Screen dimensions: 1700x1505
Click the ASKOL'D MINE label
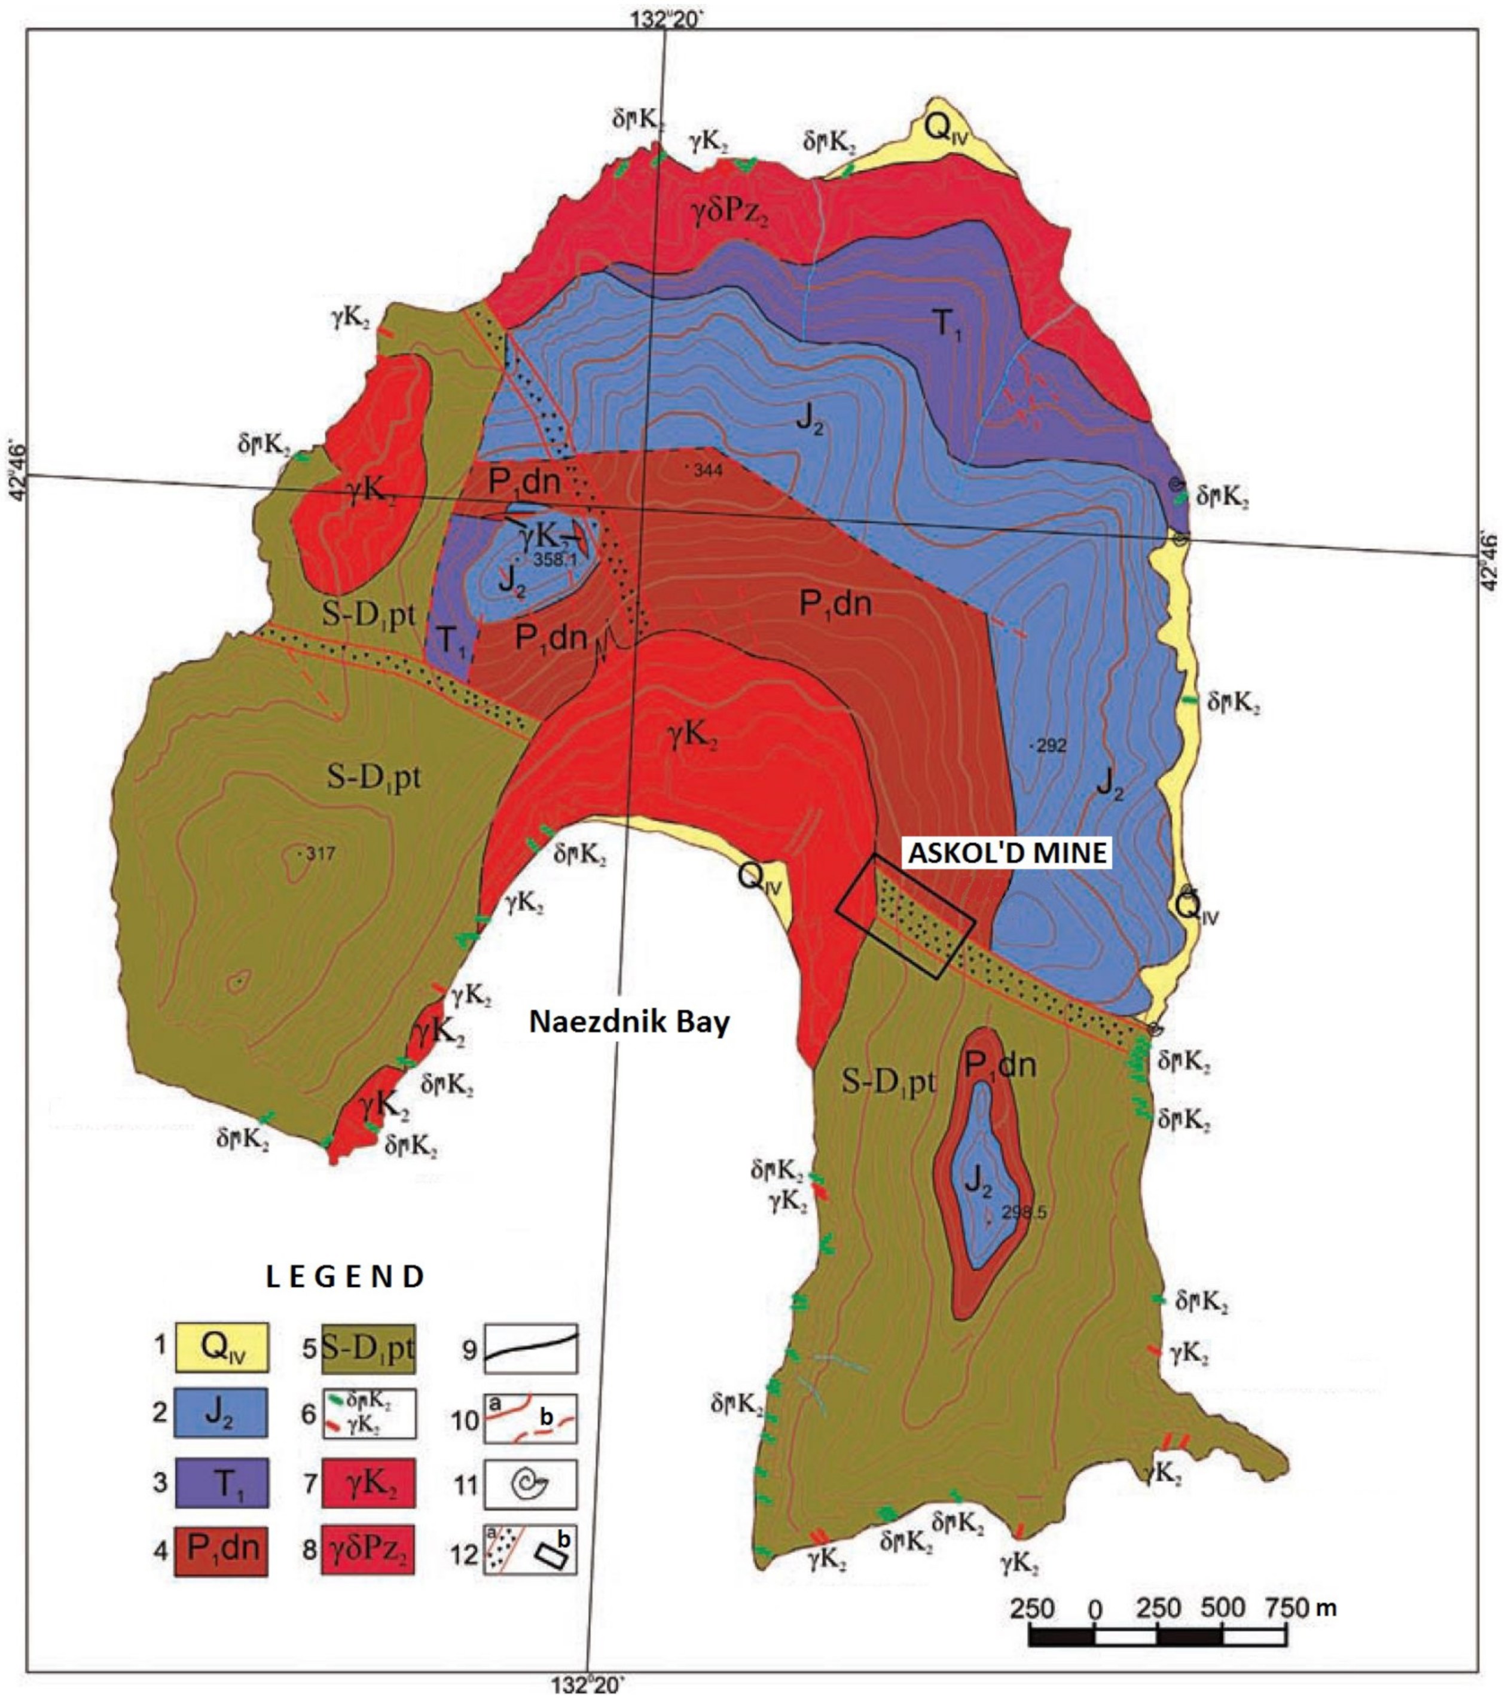1007,853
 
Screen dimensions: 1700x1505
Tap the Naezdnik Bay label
630,1022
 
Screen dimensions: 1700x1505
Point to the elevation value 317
319,853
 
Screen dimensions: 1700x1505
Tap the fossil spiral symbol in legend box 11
530,1483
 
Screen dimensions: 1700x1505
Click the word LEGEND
345,1276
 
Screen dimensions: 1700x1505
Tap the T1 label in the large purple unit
947,323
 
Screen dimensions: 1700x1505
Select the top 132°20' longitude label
667,19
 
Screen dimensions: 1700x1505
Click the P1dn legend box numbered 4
221,1549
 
